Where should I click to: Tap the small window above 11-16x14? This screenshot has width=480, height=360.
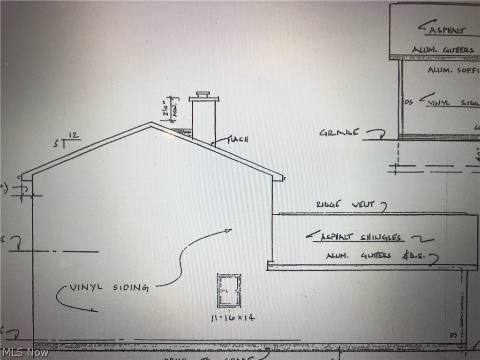pos(229,290)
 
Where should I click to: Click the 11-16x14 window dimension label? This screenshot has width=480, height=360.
pos(232,318)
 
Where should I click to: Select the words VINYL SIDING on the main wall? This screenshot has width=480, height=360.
pos(109,287)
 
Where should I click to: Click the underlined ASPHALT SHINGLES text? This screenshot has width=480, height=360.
pos(361,237)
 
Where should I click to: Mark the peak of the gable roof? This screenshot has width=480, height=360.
pos(151,123)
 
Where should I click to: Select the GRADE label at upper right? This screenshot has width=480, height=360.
pos(339,133)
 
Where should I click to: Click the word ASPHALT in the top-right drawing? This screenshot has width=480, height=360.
pos(446,30)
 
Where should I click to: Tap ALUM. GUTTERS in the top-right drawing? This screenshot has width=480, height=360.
pos(442,49)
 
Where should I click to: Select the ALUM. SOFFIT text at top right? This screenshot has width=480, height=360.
pos(453,70)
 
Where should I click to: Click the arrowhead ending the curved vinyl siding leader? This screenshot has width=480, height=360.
pos(228,230)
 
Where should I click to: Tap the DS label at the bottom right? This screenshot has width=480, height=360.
pos(453,335)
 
